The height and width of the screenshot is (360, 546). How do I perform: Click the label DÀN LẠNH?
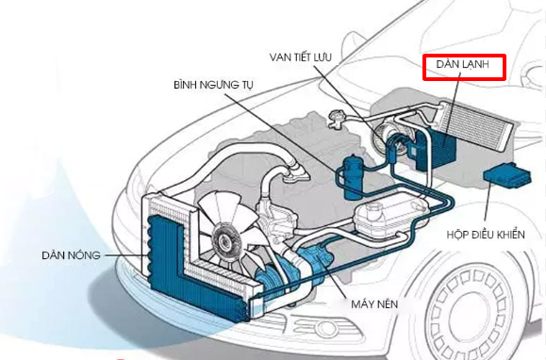[x=464, y=66]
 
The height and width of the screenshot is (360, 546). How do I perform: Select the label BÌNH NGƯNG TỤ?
[x=213, y=85]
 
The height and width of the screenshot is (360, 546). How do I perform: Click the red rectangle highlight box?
[x=464, y=66]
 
